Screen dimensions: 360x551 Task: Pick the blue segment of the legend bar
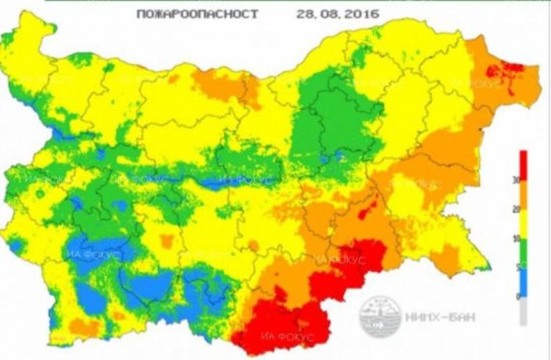point(523,282)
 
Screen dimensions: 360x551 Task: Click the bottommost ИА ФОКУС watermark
point(282,336)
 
